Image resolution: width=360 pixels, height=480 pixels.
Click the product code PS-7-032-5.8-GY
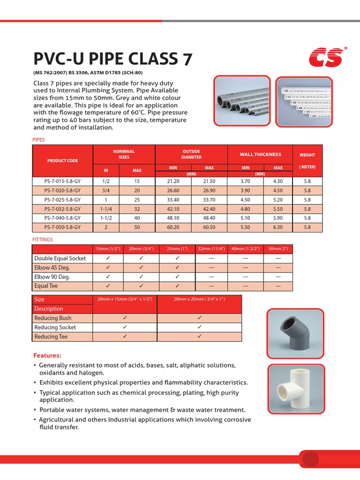click(62, 209)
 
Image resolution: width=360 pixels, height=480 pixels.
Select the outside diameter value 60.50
click(209, 227)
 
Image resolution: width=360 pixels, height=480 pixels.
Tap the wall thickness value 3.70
click(245, 181)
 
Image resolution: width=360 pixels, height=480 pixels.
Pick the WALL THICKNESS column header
click(260, 154)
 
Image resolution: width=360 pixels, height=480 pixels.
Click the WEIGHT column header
click(307, 155)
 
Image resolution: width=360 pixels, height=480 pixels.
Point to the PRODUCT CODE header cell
click(62, 161)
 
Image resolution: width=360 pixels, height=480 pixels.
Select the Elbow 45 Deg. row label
click(52, 268)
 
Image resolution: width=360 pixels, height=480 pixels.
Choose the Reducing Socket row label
click(55, 327)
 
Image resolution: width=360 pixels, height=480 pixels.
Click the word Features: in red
click(47, 355)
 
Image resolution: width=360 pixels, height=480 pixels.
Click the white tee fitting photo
click(295, 386)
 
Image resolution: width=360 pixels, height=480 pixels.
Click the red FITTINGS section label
click(43, 240)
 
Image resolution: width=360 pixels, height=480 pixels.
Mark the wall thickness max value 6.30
click(278, 227)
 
